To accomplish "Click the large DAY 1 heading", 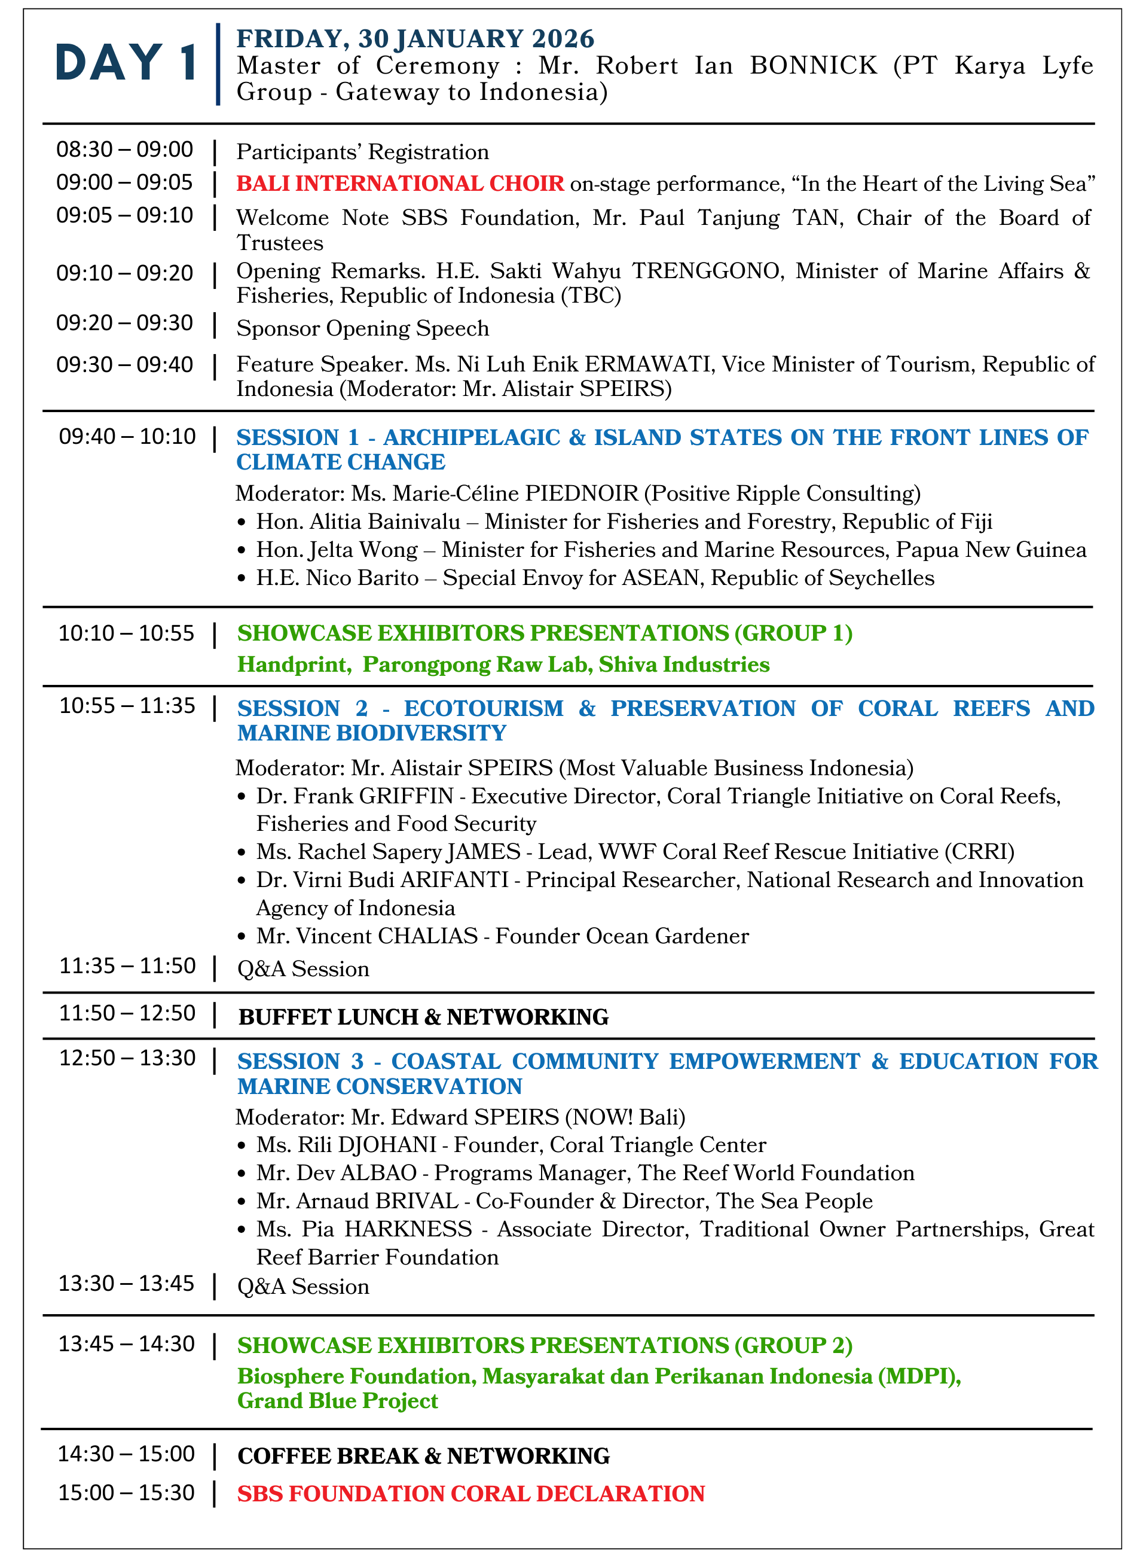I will tap(127, 63).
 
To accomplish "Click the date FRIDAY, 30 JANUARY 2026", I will tap(415, 39).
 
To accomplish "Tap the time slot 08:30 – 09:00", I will tap(124, 150).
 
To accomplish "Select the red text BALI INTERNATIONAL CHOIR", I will tap(400, 184).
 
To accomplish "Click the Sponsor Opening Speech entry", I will tap(362, 328).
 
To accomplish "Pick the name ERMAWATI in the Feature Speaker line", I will tap(648, 364).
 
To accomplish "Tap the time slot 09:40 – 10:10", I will tap(127, 437).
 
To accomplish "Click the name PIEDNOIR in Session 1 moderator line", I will tap(581, 493).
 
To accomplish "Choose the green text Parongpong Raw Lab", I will tap(478, 665).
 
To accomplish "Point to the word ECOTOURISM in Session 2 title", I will tap(484, 709).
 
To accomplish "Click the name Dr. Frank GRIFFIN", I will tap(355, 796).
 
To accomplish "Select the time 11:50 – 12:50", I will tap(127, 1013).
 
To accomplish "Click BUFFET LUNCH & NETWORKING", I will tap(423, 1017).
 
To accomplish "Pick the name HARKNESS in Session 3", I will tap(408, 1229).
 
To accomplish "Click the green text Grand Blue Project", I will tap(338, 1401).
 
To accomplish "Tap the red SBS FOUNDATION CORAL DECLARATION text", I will tap(471, 1494).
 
